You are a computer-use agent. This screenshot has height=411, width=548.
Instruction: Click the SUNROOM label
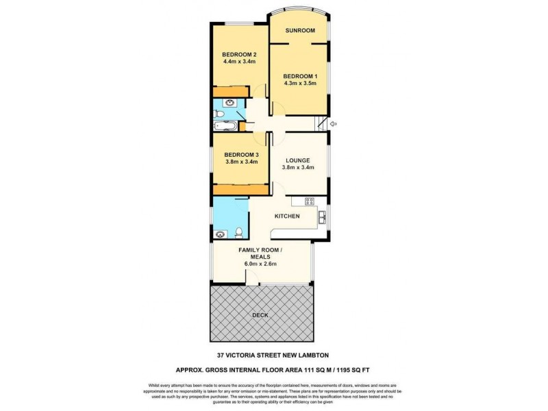(300, 30)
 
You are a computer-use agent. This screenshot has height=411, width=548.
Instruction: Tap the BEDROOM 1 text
(300, 75)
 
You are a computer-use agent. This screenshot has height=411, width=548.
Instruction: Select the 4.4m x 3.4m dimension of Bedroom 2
(239, 62)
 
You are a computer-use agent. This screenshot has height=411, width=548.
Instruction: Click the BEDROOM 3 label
(241, 155)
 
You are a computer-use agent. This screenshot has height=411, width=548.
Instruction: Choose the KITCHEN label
(287, 216)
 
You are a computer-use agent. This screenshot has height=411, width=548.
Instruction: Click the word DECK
(260, 315)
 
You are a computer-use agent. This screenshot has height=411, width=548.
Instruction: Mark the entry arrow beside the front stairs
(334, 124)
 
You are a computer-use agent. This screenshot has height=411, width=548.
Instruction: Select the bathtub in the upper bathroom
(225, 126)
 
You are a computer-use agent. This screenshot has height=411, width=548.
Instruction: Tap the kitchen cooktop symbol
(309, 201)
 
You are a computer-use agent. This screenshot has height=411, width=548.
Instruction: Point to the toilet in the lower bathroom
(236, 231)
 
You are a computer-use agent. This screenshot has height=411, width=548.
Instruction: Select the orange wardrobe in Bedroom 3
(240, 190)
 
